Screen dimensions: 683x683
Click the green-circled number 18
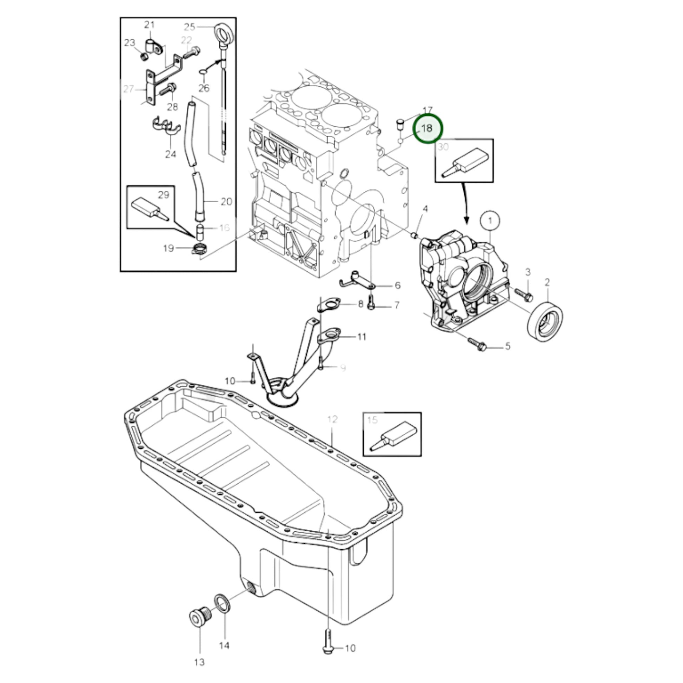point(427,129)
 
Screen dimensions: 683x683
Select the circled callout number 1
point(490,221)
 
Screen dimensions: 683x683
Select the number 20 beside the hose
point(226,202)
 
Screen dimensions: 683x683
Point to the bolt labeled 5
point(477,344)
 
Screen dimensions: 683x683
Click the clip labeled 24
point(166,127)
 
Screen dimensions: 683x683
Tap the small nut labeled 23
point(144,57)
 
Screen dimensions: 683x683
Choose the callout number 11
point(361,337)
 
